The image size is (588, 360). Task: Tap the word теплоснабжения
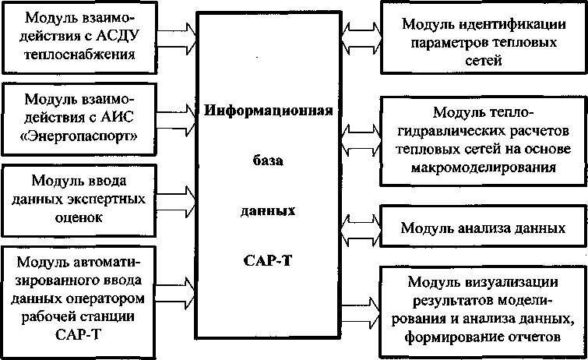click(x=79, y=55)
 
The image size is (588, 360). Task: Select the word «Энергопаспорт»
click(x=79, y=137)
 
